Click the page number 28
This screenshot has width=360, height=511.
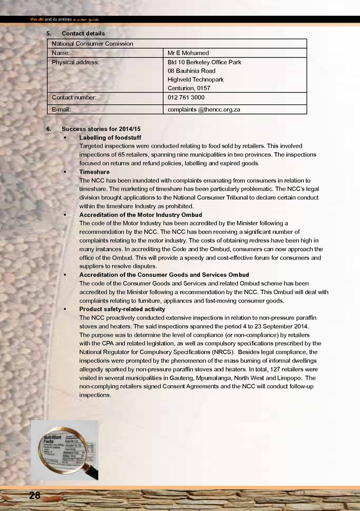coord(35,495)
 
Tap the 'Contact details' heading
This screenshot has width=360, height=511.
coord(83,33)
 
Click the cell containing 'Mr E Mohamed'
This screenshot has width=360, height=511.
coord(189,53)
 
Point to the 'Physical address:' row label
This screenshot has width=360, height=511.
coord(76,62)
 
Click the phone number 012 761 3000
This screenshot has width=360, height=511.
coord(186,97)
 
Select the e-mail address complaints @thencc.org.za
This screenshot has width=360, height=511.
coord(204,108)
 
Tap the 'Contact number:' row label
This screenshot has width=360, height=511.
coord(74,97)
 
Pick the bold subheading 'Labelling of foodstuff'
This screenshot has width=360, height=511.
coord(110,137)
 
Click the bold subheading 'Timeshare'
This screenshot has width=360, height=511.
coord(94,171)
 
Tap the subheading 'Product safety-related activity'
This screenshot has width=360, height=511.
coord(122,309)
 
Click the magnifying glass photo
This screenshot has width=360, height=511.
coord(65,451)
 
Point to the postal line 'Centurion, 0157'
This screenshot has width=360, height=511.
coord(189,88)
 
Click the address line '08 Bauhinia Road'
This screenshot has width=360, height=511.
coord(191,71)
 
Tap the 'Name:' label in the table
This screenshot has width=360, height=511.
coord(61,53)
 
